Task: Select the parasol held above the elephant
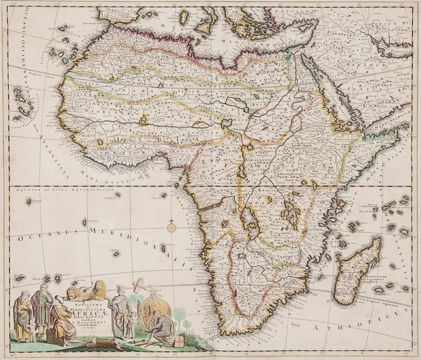[139, 286]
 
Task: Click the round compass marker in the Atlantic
[171, 228]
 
